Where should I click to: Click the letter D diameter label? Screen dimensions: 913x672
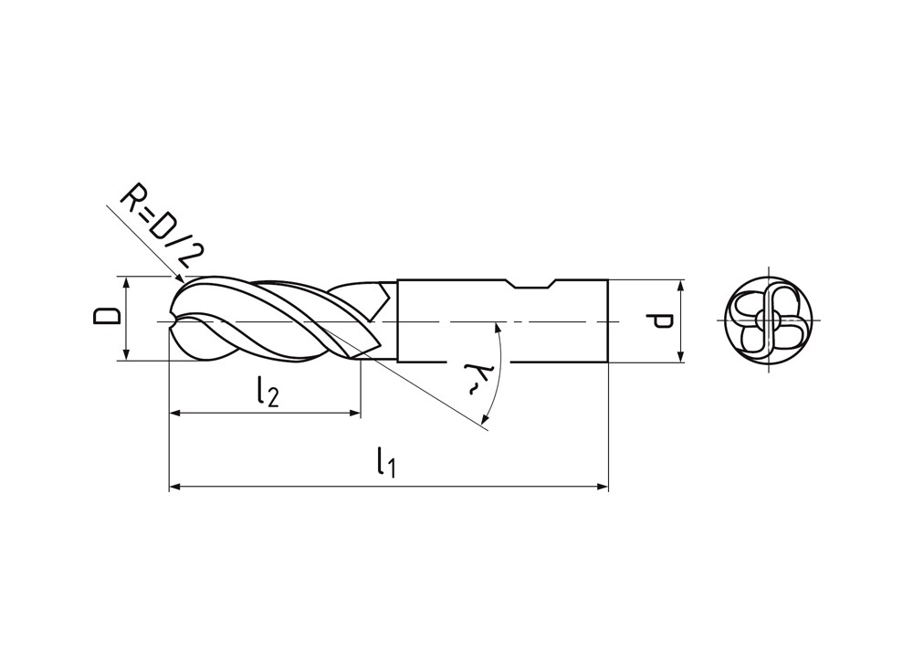tap(107, 316)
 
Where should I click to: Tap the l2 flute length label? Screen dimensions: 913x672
tap(268, 392)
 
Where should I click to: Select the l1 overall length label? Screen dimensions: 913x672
tap(386, 462)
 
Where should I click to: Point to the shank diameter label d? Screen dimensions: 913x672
tap(659, 320)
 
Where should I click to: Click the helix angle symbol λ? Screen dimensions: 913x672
tap(474, 379)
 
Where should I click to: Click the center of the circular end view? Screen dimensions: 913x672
tap(769, 320)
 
